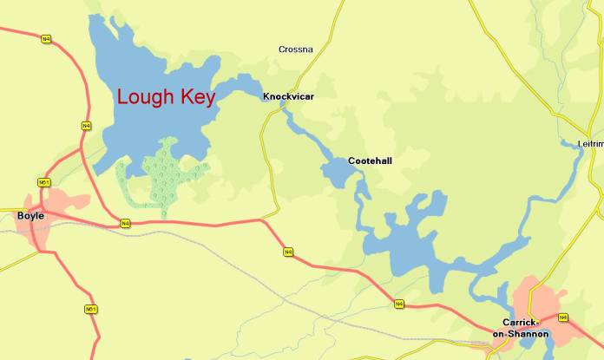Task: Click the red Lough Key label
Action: (x=166, y=97)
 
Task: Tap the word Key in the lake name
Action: (x=197, y=97)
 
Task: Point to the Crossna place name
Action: (x=296, y=49)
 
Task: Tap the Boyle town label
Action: (x=30, y=215)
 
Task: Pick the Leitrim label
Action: (x=590, y=143)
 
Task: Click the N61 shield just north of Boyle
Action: (x=43, y=182)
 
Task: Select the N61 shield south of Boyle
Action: (x=90, y=310)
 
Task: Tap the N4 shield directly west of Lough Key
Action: (x=85, y=127)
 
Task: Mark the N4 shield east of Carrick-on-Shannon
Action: (x=563, y=317)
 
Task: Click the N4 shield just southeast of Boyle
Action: (x=125, y=224)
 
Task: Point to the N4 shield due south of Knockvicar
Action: (x=288, y=252)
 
